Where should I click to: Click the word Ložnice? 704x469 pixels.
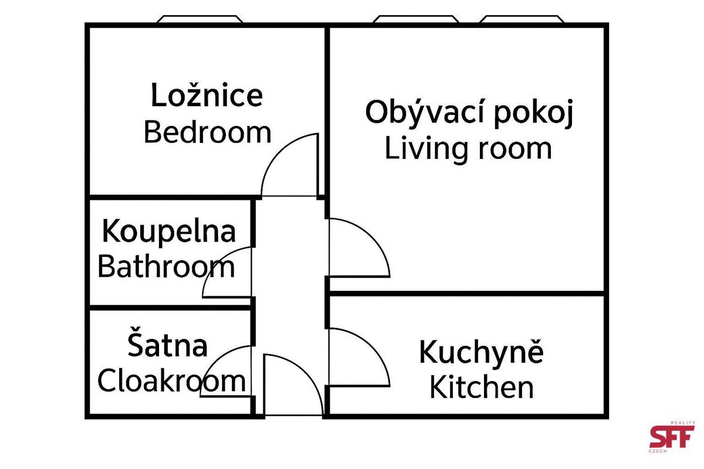pos(207,95)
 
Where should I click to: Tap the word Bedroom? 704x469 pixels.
pos(208,132)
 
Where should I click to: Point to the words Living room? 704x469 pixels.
pos(468,149)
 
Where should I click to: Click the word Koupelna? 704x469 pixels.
pos(169,232)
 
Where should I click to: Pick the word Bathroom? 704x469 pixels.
pos(166,267)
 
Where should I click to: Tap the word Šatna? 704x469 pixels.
pos(168,342)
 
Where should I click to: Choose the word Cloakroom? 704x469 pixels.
pos(171,380)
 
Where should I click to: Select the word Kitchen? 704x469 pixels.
pos(482,388)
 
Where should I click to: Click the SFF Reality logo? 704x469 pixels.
pos(672,437)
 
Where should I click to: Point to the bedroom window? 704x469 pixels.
pos(200,19)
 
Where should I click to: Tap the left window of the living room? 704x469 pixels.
pos(416,19)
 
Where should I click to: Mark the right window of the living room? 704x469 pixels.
pos(522,19)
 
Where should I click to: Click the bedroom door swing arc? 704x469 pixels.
pos(276,151)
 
